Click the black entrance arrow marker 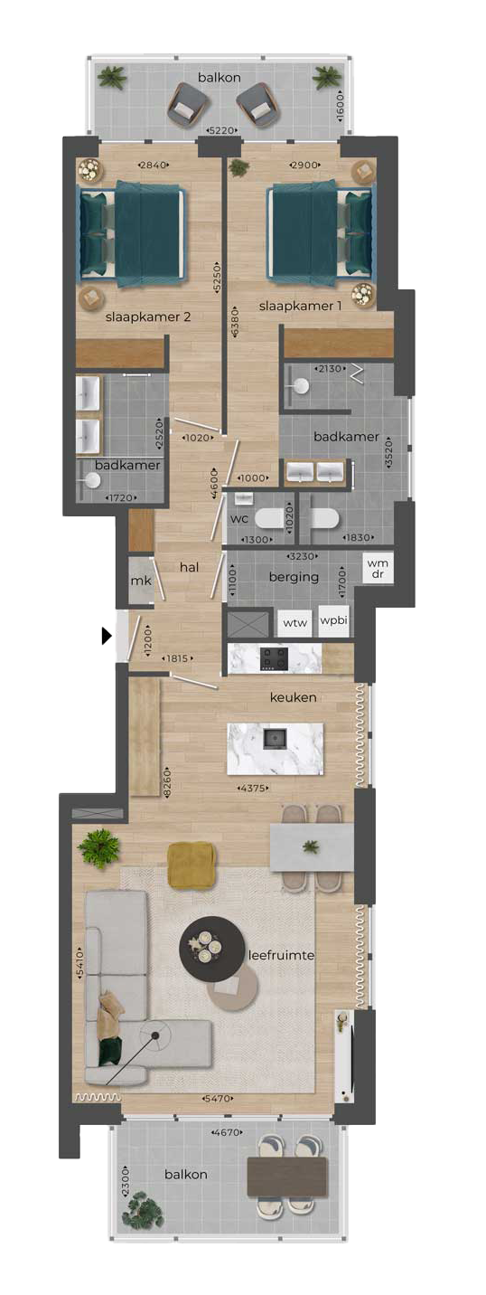107,636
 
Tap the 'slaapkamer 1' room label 300,306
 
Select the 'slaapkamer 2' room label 148,317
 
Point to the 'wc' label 239,518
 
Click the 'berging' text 294,577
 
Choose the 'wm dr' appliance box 379,568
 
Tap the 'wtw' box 295,623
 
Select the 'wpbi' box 333,620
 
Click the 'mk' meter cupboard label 140,581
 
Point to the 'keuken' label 294,697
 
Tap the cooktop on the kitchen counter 275,658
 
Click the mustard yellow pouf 192,865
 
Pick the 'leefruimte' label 281,955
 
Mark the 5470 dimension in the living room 218,1099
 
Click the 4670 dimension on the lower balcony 226,1132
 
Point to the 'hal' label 189,567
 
